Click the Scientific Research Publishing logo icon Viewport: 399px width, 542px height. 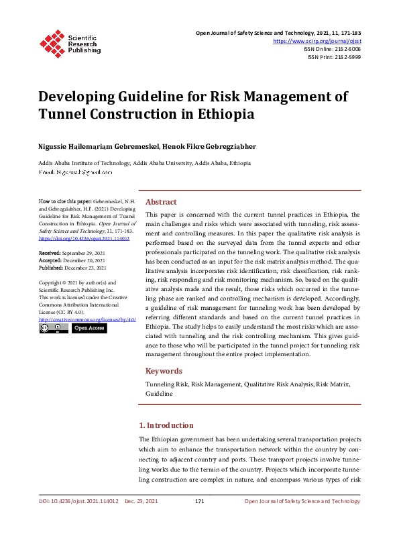pos(51,42)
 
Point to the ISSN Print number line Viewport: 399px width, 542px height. pos(334,57)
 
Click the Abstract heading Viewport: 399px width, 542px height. pos(161,202)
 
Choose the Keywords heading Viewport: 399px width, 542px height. pos(164,371)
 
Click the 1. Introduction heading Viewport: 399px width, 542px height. pos(166,425)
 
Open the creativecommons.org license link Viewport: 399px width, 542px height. pos(88,319)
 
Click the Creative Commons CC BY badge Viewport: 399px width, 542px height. pos(54,328)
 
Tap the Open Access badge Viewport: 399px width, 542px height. pos(89,328)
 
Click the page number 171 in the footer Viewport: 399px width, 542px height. pos(199,501)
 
